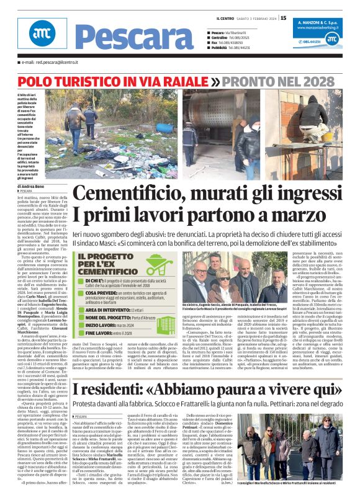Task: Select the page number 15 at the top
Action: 283,18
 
